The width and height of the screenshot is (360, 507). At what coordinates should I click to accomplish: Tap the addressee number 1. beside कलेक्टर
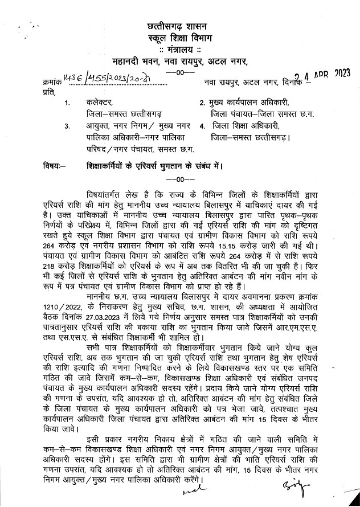[68, 103]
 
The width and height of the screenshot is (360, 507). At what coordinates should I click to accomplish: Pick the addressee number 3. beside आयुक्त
[68, 125]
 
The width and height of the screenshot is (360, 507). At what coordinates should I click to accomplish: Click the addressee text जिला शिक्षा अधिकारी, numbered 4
[247, 125]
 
